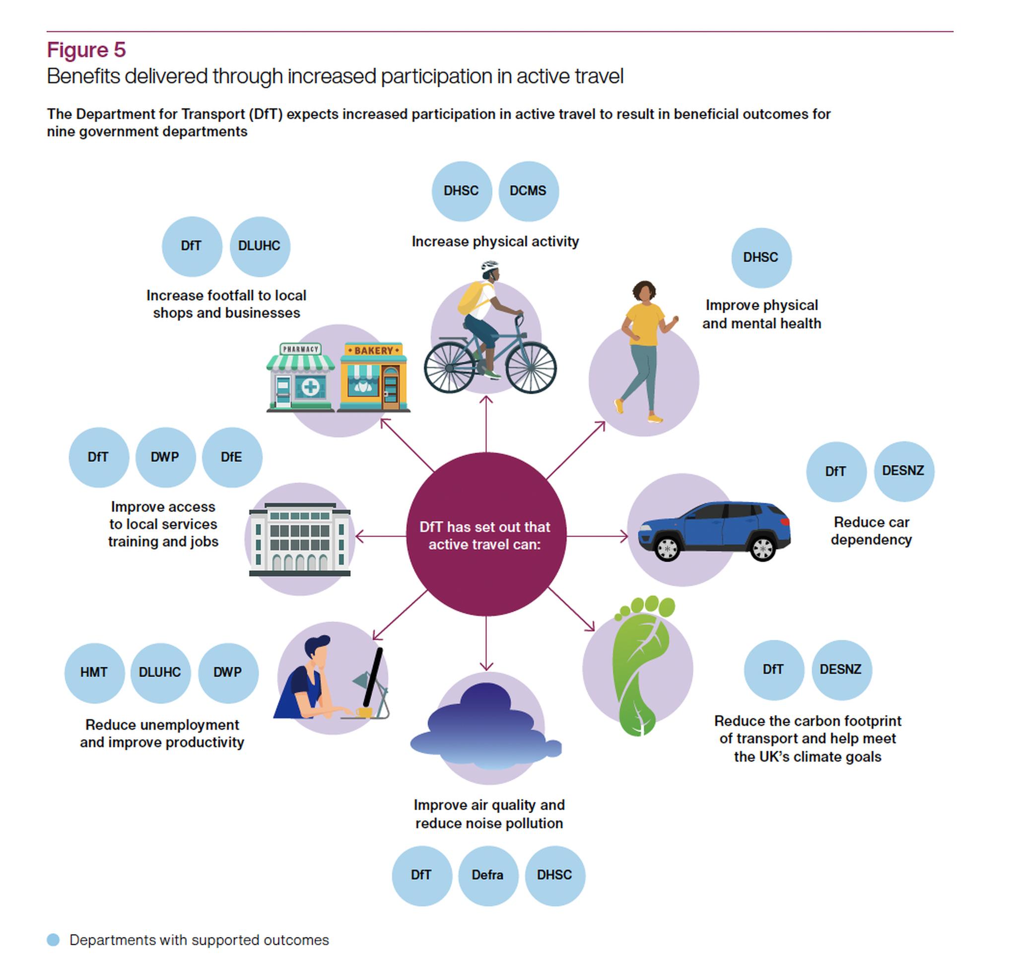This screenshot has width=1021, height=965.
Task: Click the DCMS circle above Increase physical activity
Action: tap(528, 191)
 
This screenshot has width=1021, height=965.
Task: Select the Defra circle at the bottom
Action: tap(488, 876)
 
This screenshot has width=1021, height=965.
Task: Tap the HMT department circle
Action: tap(94, 673)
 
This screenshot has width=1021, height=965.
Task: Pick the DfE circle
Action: tap(232, 457)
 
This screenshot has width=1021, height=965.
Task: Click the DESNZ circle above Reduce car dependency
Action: tap(904, 471)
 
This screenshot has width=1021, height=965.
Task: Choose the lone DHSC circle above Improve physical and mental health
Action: tap(761, 258)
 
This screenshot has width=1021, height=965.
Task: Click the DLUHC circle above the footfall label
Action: tap(260, 246)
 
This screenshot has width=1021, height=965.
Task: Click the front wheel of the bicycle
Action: tap(531, 367)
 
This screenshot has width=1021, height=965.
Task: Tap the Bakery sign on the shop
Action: tap(374, 350)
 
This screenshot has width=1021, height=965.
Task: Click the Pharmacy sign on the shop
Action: tap(301, 349)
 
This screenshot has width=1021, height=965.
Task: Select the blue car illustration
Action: tap(714, 531)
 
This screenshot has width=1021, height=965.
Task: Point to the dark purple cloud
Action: tap(485, 726)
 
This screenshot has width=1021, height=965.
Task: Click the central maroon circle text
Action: tap(485, 536)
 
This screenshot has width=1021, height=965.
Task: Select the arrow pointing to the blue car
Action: tap(597, 537)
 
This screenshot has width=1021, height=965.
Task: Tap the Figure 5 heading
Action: tap(86, 50)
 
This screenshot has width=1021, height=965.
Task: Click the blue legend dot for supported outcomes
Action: tap(53, 940)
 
